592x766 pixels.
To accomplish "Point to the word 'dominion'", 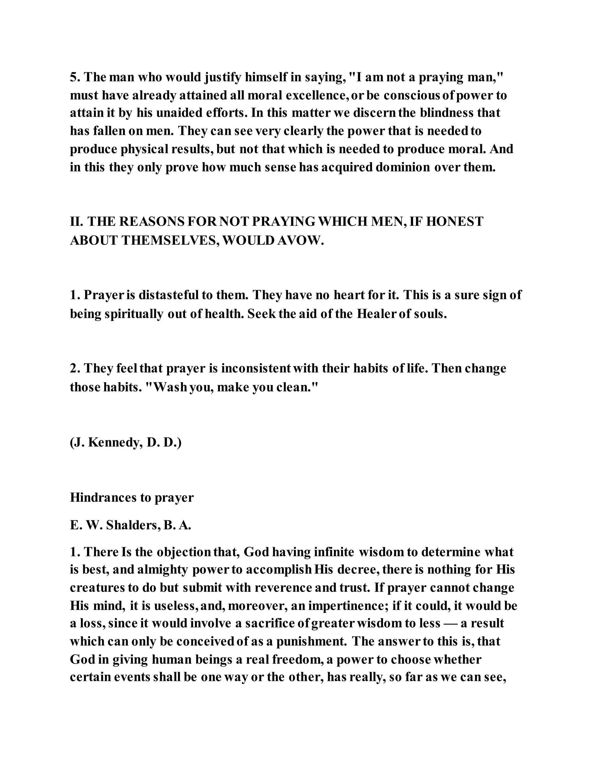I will (403, 167).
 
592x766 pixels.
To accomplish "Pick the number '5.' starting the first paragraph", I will (75, 77).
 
